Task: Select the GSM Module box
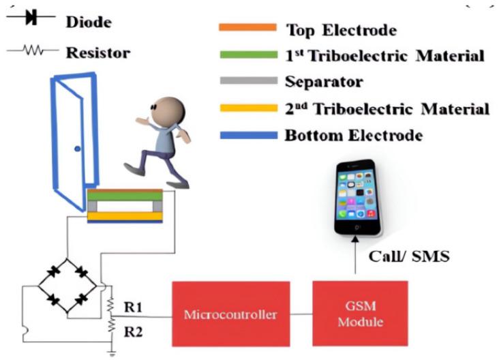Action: tap(360, 314)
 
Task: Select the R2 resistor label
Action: tap(133, 332)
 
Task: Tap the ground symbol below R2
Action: tap(110, 353)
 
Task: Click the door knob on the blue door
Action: tap(78, 147)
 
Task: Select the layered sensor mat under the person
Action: tap(125, 205)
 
